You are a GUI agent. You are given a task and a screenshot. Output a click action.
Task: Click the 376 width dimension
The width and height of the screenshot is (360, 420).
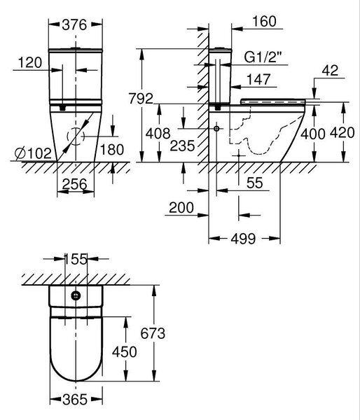coord(74,25)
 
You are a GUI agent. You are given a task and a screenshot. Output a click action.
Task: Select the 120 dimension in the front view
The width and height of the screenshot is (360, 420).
coord(30,63)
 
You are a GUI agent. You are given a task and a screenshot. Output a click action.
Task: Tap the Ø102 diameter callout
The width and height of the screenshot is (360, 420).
coord(33,153)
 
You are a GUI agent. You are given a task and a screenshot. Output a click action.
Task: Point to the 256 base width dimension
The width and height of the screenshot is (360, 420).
coord(75,184)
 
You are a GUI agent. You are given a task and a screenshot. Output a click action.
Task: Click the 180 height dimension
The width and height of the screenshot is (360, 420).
coord(112,150)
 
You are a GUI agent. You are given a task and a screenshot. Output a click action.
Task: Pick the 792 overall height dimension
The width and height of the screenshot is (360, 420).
coord(141,98)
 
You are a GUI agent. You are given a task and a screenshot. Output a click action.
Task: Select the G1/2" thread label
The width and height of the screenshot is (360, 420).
coord(263,57)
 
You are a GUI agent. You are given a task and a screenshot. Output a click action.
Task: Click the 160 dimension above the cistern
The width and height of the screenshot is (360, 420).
coord(264,22)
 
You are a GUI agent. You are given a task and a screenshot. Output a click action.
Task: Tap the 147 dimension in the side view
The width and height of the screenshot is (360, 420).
coord(258,80)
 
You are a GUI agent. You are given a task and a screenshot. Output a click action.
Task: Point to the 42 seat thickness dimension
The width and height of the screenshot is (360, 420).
coord(330,71)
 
